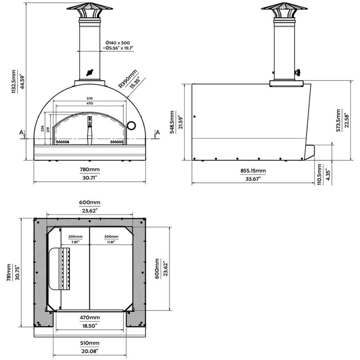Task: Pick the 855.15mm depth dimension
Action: coord(253,171)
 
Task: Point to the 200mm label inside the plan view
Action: coord(75,236)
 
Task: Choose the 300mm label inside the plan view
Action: coord(111,236)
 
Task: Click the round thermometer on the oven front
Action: coord(131,124)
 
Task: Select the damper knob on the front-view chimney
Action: coord(90,72)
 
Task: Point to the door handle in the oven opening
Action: coord(89,130)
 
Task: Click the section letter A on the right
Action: coord(157,132)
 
